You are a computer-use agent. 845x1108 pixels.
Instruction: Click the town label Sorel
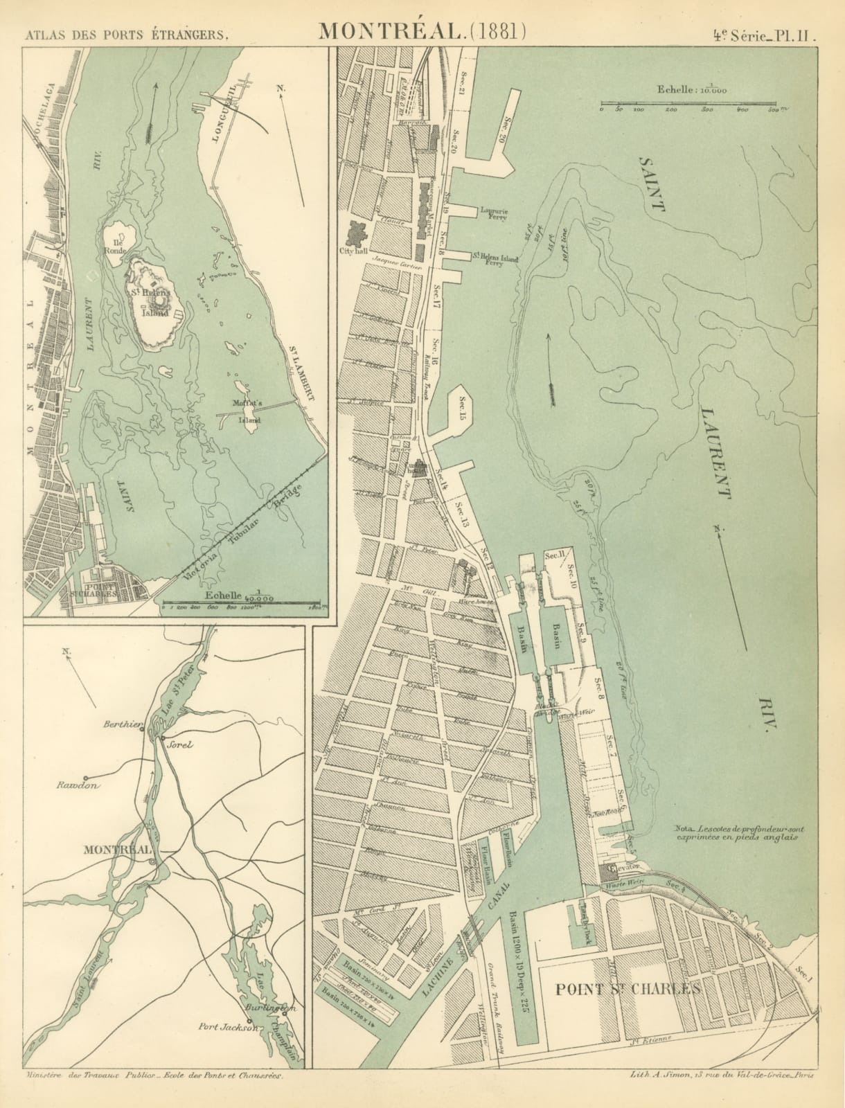[x=177, y=744]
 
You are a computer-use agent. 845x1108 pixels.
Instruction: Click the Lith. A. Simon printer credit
[x=720, y=1095]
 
